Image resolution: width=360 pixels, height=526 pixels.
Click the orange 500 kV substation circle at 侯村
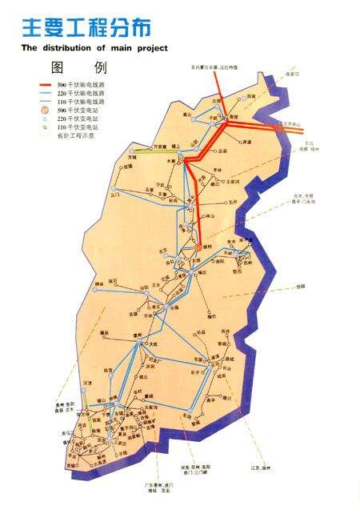pos(198,248)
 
